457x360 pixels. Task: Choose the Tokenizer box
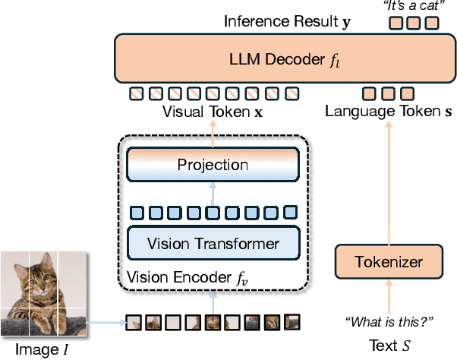pos(388,263)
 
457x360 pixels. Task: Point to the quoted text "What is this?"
pos(388,321)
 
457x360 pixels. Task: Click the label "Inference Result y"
pos(287,21)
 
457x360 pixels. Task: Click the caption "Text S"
pos(388,346)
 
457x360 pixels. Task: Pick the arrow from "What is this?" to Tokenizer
pos(388,296)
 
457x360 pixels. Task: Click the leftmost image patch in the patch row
pos(132,322)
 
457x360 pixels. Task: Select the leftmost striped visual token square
pos(136,94)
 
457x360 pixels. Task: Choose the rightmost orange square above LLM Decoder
pos(431,23)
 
